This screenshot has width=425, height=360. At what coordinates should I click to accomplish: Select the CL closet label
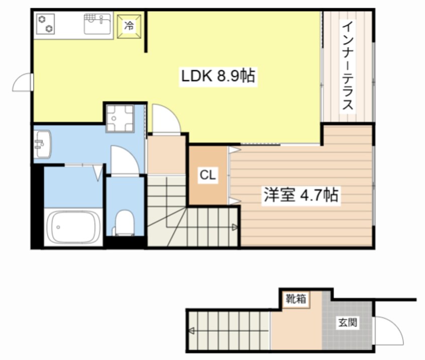pos(208,175)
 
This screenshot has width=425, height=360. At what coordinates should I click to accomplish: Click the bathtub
pos(74,227)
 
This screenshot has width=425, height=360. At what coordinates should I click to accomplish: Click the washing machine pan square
pos(120,118)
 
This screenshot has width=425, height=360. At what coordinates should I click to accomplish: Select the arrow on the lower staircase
pos(192,331)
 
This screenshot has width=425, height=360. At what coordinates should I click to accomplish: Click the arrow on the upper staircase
pos(234,227)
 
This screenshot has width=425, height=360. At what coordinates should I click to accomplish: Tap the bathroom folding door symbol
pos(97,172)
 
